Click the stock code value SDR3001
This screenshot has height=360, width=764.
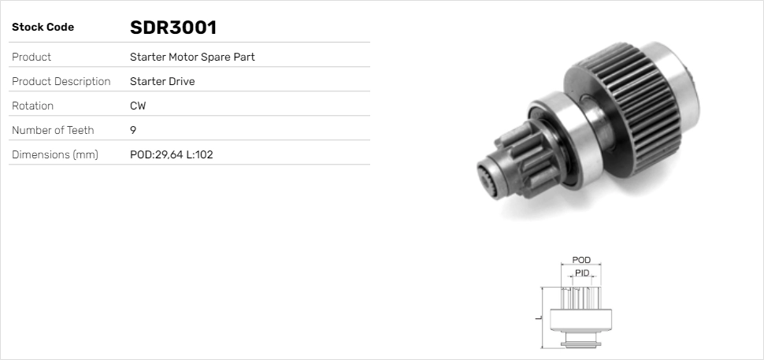[172, 28]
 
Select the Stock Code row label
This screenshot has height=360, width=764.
[43, 28]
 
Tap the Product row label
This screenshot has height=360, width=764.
[32, 57]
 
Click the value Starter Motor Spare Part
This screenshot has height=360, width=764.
[191, 57]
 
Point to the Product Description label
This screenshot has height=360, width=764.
[61, 81]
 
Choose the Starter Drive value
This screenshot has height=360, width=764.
[161, 81]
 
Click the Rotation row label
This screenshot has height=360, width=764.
[32, 106]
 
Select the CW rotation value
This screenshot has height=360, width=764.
[137, 106]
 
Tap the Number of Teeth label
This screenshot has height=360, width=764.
[53, 130]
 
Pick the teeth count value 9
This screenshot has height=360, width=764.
[133, 130]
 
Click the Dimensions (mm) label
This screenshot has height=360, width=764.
[54, 154]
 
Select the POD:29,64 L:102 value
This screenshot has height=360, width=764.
[171, 154]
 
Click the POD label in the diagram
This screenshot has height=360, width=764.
[580, 260]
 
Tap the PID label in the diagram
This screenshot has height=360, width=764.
[581, 273]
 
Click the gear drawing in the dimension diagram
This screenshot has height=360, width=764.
[580, 315]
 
